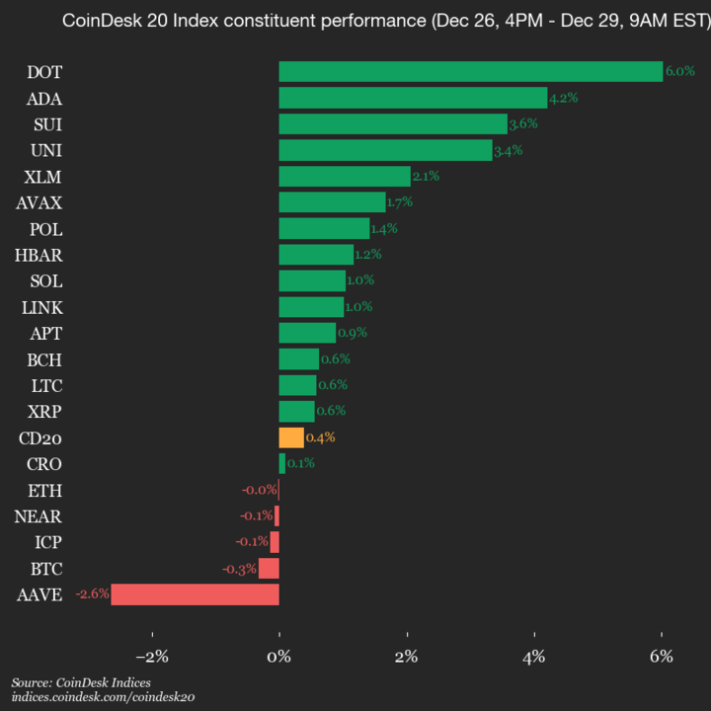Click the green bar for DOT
coord(470,72)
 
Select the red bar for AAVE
coord(196,594)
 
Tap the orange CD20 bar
coord(291,437)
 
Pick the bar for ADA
coord(413,98)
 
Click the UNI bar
coord(385,150)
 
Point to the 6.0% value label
coord(680,72)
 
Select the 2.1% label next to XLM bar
coord(426,176)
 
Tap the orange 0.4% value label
coord(321,437)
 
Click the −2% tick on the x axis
coord(152,657)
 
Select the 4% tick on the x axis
coord(534,657)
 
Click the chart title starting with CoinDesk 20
coord(385,22)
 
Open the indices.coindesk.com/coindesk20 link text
coord(103,697)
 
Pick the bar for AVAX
coord(332,202)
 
